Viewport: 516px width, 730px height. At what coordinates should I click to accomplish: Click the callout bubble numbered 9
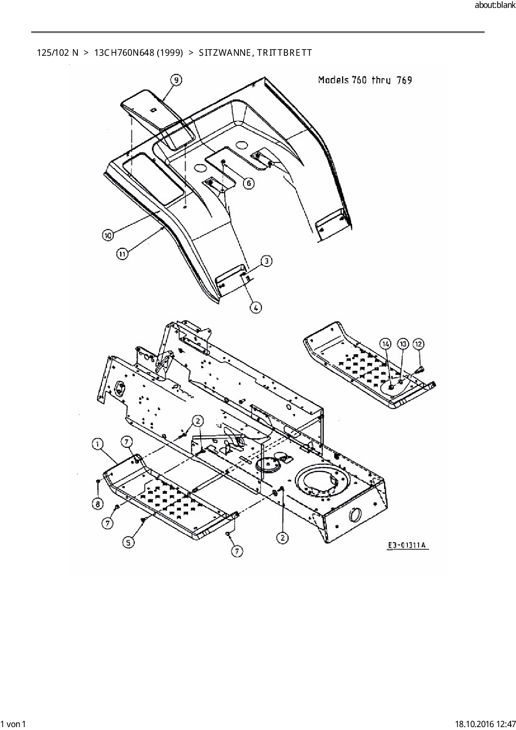pyautogui.click(x=176, y=80)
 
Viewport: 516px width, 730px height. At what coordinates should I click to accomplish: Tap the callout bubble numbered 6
pyautogui.click(x=248, y=183)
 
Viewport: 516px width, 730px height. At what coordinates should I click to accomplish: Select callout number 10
pyautogui.click(x=108, y=235)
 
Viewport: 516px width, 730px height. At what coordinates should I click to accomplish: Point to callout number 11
pyautogui.click(x=122, y=254)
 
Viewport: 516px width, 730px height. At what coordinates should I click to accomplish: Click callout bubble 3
pyautogui.click(x=266, y=261)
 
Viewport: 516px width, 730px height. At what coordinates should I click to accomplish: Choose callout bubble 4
pyautogui.click(x=256, y=308)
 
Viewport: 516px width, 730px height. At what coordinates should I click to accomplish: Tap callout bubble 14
pyautogui.click(x=386, y=344)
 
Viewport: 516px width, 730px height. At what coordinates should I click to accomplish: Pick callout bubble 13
pyautogui.click(x=402, y=344)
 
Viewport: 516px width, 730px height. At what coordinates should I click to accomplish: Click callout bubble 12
pyautogui.click(x=418, y=344)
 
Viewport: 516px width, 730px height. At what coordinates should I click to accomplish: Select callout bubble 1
pyautogui.click(x=97, y=445)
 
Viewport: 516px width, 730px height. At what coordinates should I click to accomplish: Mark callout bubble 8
pyautogui.click(x=97, y=504)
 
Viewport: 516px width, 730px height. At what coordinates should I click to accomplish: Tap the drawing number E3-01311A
pyautogui.click(x=407, y=545)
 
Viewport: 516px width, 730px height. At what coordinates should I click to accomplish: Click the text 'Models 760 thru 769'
pyautogui.click(x=365, y=80)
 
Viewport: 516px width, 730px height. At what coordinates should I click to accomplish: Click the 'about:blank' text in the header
pyautogui.click(x=495, y=5)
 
